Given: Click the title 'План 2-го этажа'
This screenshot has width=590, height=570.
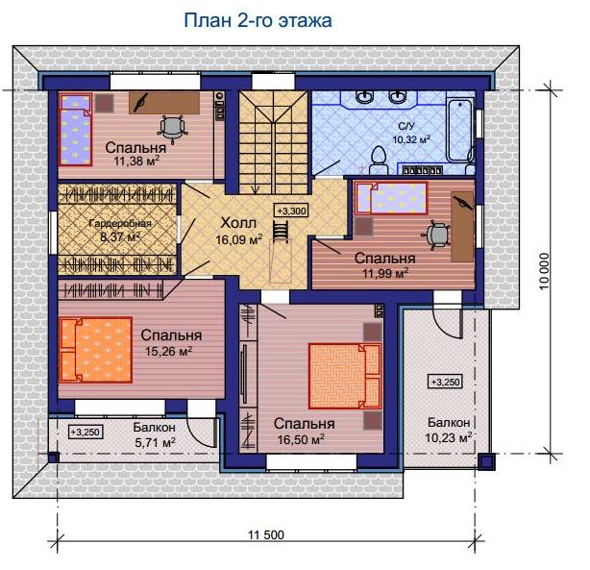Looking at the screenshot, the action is pyautogui.click(x=258, y=21).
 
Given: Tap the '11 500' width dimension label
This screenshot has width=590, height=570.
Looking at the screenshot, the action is pyautogui.click(x=266, y=534).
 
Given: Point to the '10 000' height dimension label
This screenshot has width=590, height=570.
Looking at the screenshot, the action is pyautogui.click(x=544, y=271).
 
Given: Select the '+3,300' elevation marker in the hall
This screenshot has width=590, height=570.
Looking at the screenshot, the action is pyautogui.click(x=291, y=211).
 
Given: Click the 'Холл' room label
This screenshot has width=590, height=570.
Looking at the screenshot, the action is pyautogui.click(x=238, y=223).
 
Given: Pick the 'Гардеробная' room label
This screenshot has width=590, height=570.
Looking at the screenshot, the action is pyautogui.click(x=120, y=224).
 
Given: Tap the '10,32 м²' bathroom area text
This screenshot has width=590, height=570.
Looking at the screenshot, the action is pyautogui.click(x=411, y=139).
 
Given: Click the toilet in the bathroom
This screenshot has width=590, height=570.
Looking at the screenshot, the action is pyautogui.click(x=379, y=161).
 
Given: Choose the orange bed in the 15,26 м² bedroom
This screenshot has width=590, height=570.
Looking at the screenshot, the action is pyautogui.click(x=96, y=350).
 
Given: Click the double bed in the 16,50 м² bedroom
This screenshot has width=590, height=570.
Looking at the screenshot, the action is pyautogui.click(x=345, y=376).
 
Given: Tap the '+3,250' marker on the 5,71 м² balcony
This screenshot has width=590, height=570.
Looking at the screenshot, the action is pyautogui.click(x=86, y=432).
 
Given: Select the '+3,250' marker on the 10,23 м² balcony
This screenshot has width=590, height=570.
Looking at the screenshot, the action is pyautogui.click(x=446, y=382).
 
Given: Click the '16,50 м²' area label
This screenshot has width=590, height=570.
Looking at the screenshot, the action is pyautogui.click(x=301, y=439).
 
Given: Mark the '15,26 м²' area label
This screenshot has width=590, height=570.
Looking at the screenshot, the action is pyautogui.click(x=169, y=351).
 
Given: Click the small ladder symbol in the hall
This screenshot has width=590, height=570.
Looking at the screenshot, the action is pyautogui.click(x=281, y=230).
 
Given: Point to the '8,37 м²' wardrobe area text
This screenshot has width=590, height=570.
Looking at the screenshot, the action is pyautogui.click(x=120, y=237).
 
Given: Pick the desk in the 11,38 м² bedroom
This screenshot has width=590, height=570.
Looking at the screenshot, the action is pyautogui.click(x=164, y=103).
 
